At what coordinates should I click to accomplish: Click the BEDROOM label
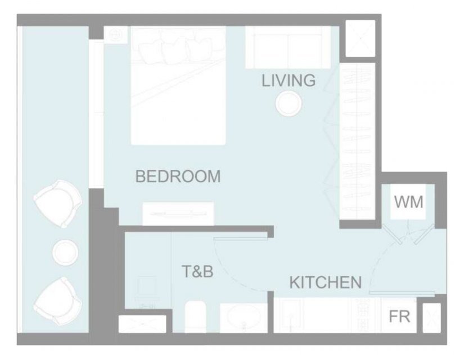(178, 176)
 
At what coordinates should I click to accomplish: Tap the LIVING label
(289, 80)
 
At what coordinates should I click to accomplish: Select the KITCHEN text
(326, 282)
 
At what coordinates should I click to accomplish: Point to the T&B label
(197, 271)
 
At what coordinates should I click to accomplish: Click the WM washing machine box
(408, 201)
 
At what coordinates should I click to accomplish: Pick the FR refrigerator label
(399, 316)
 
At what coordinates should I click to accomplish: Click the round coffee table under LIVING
(289, 103)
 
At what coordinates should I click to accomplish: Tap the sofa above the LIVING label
(288, 47)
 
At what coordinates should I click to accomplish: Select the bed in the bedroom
(178, 85)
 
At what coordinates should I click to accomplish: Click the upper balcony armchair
(58, 204)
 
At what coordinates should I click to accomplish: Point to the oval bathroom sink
(244, 318)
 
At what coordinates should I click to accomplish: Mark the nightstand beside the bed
(116, 35)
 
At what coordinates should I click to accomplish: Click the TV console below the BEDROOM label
(178, 214)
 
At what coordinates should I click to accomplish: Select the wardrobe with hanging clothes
(357, 141)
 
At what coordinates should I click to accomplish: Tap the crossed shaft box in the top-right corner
(360, 38)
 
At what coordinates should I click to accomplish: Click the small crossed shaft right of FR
(432, 318)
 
